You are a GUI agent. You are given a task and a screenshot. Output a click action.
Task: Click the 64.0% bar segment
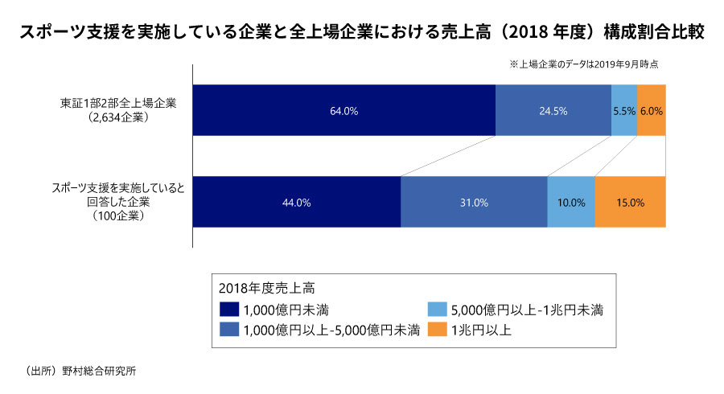[x=343, y=111]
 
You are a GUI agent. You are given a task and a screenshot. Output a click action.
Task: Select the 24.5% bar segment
[x=553, y=111]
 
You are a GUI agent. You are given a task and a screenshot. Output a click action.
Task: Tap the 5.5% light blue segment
[x=623, y=111]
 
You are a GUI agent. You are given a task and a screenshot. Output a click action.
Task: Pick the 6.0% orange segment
[x=652, y=111]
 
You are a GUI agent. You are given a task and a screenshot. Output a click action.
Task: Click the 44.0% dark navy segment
[x=296, y=203]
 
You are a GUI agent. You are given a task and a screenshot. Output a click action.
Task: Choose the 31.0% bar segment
[x=474, y=203]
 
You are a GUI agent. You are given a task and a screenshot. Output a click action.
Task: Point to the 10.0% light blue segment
[x=570, y=203]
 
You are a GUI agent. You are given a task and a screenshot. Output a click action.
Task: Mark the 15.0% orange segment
[x=630, y=203]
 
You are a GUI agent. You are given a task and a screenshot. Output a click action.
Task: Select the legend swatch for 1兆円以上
[x=438, y=330]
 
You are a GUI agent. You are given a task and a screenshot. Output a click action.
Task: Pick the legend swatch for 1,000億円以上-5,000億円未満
[x=229, y=330]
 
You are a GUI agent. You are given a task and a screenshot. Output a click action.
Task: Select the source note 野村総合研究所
[x=105, y=371]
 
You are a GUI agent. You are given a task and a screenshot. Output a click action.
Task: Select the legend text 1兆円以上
[x=480, y=330]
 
